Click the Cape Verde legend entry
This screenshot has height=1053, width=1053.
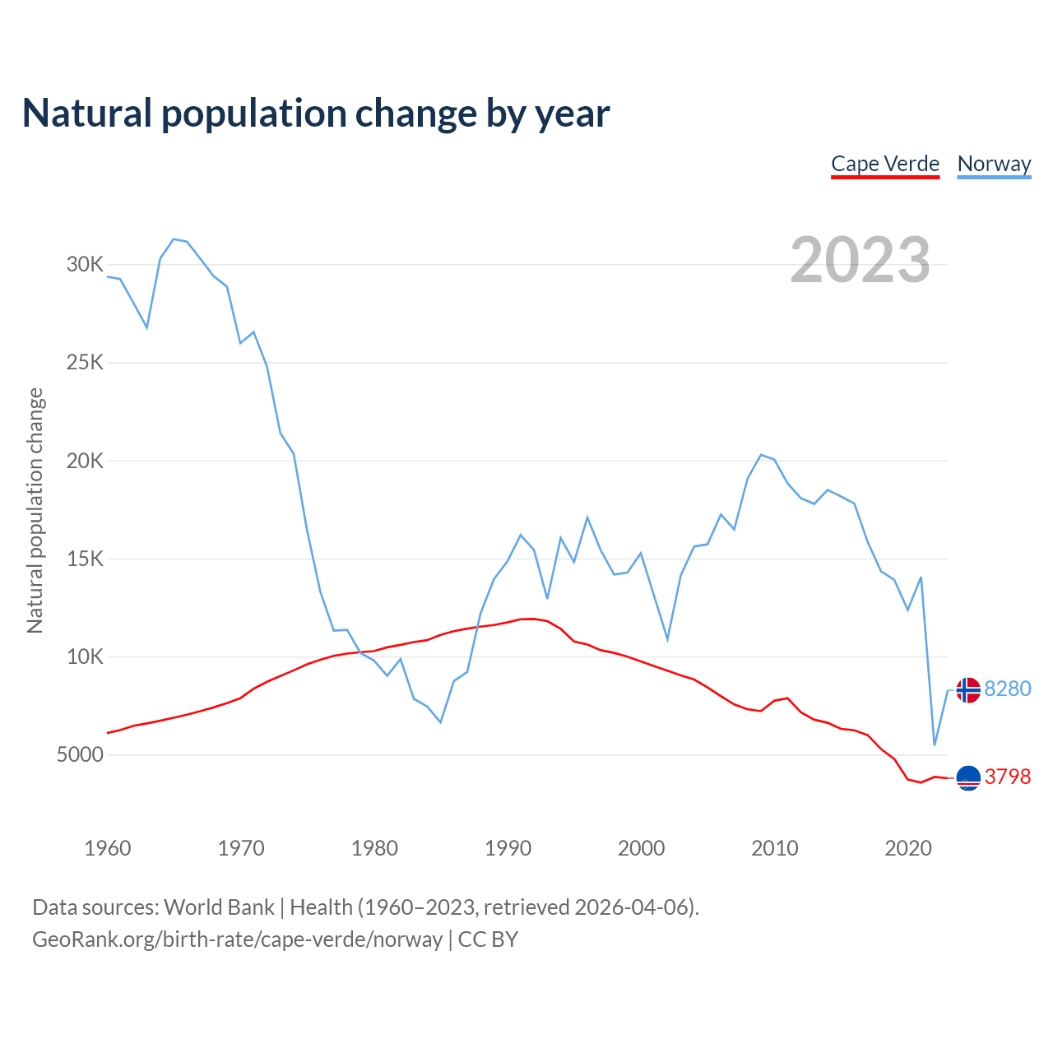point(885,164)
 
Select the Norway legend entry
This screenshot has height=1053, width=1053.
point(994,164)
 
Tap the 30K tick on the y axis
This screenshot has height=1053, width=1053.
point(86,264)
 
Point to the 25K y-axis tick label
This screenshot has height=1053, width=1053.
point(86,363)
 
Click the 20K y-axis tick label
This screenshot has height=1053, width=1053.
point(86,461)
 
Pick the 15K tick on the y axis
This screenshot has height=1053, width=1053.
point(86,559)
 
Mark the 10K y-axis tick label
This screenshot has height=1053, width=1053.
point(86,656)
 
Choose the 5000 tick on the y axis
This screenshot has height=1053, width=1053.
point(80,754)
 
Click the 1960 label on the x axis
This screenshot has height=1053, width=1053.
point(108,848)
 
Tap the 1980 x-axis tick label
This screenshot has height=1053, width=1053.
point(374,848)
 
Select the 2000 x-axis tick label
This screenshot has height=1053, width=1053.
point(641,848)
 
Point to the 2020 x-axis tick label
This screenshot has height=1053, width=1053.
point(907,848)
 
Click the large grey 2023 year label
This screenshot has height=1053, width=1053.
point(860,259)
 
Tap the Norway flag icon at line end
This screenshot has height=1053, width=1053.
point(968,690)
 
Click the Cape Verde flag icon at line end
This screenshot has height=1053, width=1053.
point(968,777)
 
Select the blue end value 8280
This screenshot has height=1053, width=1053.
point(1008,689)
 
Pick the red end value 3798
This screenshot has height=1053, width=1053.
point(1008,777)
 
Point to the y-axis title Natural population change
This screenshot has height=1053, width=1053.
point(35,510)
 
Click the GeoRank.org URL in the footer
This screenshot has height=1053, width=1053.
point(237,939)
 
